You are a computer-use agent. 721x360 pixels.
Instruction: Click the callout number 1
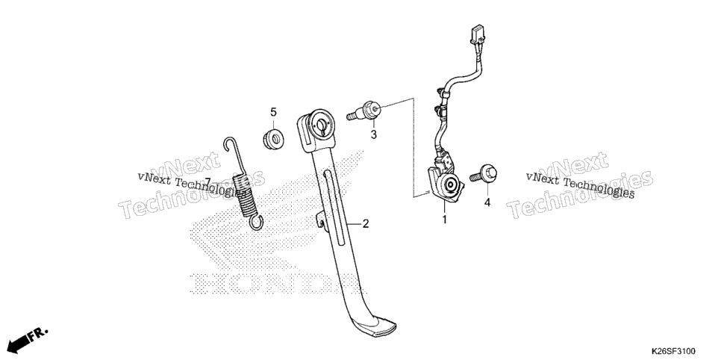(x=444, y=220)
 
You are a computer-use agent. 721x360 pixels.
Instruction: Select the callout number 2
(x=366, y=224)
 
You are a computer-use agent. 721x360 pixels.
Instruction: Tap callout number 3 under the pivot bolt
(x=373, y=134)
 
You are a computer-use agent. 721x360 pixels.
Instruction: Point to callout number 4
(x=487, y=202)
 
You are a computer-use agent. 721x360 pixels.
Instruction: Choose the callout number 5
(x=274, y=112)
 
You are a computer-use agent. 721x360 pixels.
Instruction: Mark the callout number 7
(x=207, y=182)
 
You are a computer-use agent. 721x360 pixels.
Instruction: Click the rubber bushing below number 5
(x=273, y=139)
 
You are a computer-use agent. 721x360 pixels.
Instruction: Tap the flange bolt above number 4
(x=483, y=173)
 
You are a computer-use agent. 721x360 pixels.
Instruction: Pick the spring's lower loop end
(x=257, y=223)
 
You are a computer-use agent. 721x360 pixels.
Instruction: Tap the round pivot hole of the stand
(x=319, y=124)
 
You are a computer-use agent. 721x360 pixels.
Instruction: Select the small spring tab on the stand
(x=320, y=220)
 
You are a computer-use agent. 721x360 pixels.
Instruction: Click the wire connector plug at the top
(x=476, y=35)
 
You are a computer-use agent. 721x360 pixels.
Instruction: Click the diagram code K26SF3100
(x=672, y=352)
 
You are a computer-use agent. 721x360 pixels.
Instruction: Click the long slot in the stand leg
(x=334, y=207)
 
